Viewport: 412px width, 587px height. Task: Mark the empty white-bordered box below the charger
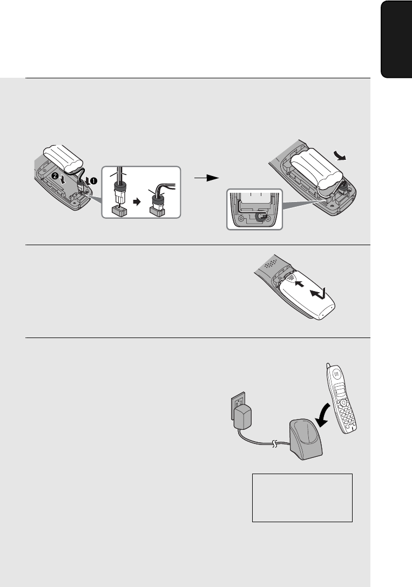click(x=302, y=497)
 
